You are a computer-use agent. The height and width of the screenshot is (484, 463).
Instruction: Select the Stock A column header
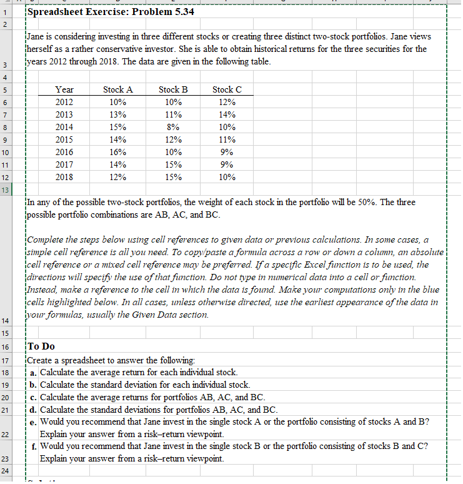[117, 90]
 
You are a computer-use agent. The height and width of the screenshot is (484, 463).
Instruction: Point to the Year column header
[64, 90]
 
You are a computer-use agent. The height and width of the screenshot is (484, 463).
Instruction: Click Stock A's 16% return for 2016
[117, 152]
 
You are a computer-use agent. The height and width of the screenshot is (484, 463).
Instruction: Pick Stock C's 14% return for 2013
[227, 114]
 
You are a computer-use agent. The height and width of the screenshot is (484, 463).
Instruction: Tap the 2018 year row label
[64, 177]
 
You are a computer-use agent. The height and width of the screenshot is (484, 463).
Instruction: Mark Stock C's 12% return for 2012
[227, 102]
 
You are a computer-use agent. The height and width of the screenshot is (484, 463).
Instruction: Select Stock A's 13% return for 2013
[117, 114]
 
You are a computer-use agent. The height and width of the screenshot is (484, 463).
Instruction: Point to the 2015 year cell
[64, 139]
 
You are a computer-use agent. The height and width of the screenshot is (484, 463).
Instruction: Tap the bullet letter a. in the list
[33, 372]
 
